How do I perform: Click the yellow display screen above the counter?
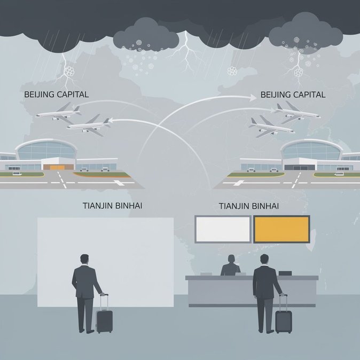281,229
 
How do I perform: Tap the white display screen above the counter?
223,229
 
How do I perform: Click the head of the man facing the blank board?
84,260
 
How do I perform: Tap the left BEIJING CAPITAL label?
56,95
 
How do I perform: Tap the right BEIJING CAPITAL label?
293,95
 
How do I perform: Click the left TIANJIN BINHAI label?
112,206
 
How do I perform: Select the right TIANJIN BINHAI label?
249,206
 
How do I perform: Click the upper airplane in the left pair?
59,113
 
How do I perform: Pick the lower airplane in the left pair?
89,126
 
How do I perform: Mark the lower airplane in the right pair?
271,127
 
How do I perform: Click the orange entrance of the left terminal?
58,167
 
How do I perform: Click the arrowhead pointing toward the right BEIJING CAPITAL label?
253,98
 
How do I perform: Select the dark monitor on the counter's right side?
285,273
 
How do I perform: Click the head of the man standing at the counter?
264,260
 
